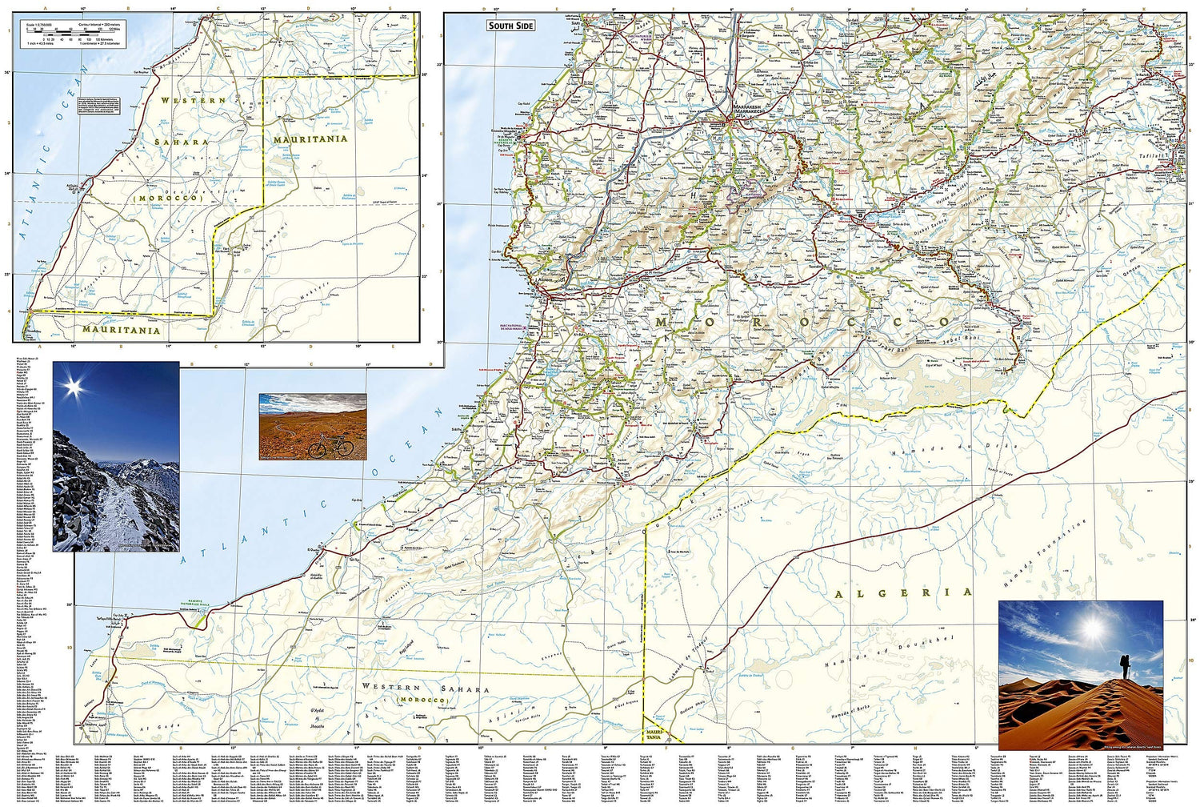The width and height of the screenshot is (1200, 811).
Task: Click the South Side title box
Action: coord(510,26)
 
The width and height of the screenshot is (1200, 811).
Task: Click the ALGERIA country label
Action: coord(903,593)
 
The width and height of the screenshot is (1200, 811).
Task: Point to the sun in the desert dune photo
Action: coord(1094,627)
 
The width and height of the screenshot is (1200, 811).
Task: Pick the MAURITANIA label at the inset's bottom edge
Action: coord(121,330)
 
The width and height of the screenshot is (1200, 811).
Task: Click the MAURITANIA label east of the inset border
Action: coord(310,139)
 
